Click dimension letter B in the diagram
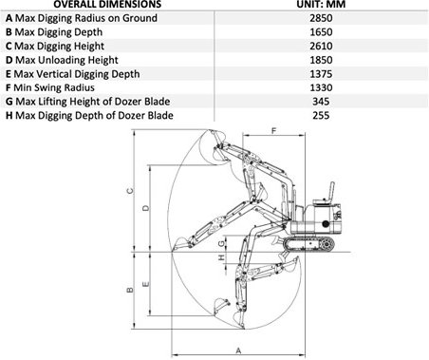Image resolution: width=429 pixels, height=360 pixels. (x=129, y=289)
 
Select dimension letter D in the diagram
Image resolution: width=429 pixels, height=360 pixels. (x=144, y=207)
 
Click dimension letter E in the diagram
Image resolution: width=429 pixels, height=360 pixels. (x=144, y=283)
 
